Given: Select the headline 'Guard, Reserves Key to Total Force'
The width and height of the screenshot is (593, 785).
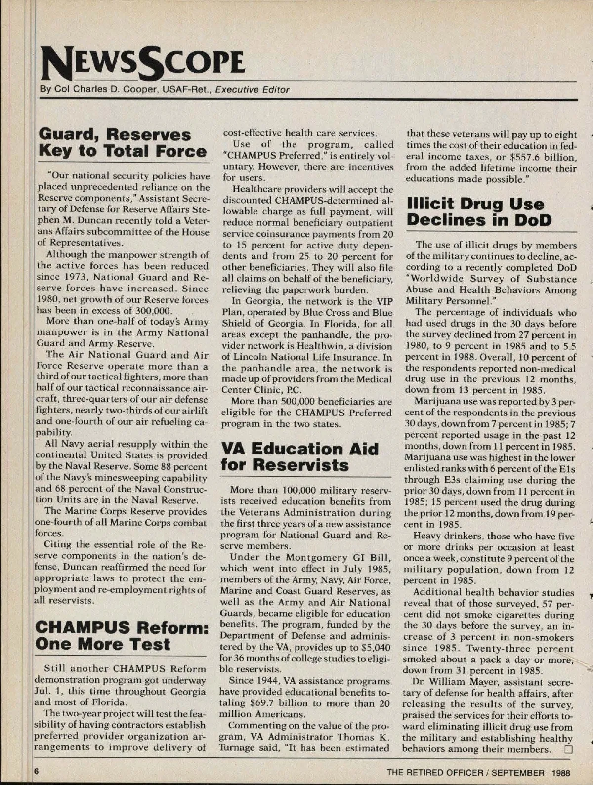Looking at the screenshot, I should (x=122, y=143).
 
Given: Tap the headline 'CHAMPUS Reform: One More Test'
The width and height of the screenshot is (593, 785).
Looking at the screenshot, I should (x=121, y=636).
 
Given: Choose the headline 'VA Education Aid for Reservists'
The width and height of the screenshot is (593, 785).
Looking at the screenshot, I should (x=299, y=457).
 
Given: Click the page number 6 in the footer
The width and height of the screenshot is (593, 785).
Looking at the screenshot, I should (x=36, y=771).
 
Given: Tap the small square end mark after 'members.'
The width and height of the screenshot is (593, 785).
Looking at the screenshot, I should (x=567, y=749).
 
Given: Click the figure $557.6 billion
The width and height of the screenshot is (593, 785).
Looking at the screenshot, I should (x=536, y=157).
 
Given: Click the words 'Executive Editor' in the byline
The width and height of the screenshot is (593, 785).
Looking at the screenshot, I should (x=252, y=90).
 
